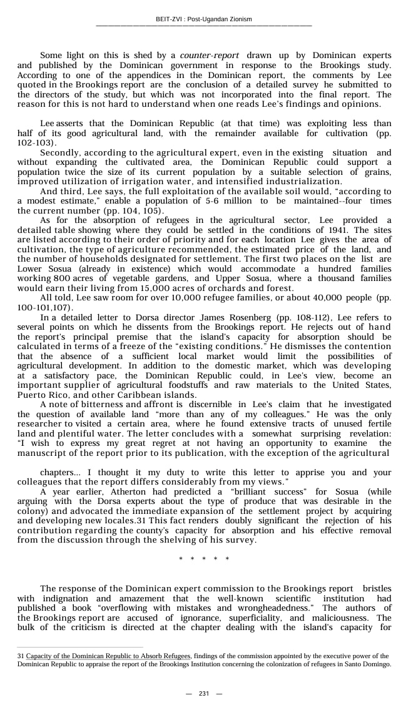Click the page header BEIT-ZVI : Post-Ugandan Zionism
pyautogui.click(x=203, y=19)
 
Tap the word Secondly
pyautogui.click(x=60, y=153)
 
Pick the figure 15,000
pyautogui.click(x=136, y=288)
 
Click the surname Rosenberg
pyautogui.click(x=226, y=318)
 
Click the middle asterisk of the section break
pyautogui.click(x=203, y=559)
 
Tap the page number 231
pyautogui.click(x=203, y=694)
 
